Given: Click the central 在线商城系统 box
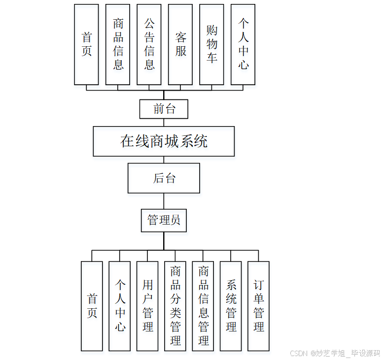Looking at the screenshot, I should [x=164, y=141].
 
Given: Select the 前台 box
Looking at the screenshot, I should [x=164, y=109].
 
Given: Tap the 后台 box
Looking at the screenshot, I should [x=164, y=178].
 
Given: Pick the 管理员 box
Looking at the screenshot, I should [x=164, y=220].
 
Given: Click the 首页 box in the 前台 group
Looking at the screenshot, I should [x=86, y=44].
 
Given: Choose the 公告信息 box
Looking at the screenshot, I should [x=149, y=44].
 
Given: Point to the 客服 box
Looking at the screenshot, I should [x=180, y=44].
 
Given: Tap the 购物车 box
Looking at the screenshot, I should [x=211, y=44].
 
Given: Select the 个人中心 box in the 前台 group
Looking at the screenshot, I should [x=243, y=44].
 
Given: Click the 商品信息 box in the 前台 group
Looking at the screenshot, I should [x=118, y=44].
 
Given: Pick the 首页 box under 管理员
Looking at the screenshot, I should [x=92, y=306].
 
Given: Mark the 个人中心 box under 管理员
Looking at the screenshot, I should [x=120, y=306].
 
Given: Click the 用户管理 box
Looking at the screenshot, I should [x=147, y=306].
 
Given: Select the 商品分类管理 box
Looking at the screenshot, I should [x=175, y=306].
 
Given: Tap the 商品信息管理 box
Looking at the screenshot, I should [x=203, y=306].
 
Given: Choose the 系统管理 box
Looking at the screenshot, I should [x=231, y=306].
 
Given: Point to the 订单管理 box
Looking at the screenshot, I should [x=258, y=306].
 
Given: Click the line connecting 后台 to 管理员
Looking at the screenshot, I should [x=164, y=201].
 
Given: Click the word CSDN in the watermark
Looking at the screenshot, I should [x=299, y=353].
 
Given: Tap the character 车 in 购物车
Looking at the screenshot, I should [x=211, y=58].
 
